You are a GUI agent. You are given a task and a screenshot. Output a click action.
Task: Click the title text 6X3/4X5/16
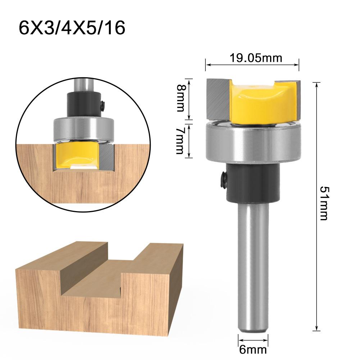click(72, 28)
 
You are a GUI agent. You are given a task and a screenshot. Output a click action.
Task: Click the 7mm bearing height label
click(180, 140)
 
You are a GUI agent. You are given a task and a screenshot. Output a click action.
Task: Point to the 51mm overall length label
click(323, 203)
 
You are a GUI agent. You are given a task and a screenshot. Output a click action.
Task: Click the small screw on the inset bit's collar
click(103, 105)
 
